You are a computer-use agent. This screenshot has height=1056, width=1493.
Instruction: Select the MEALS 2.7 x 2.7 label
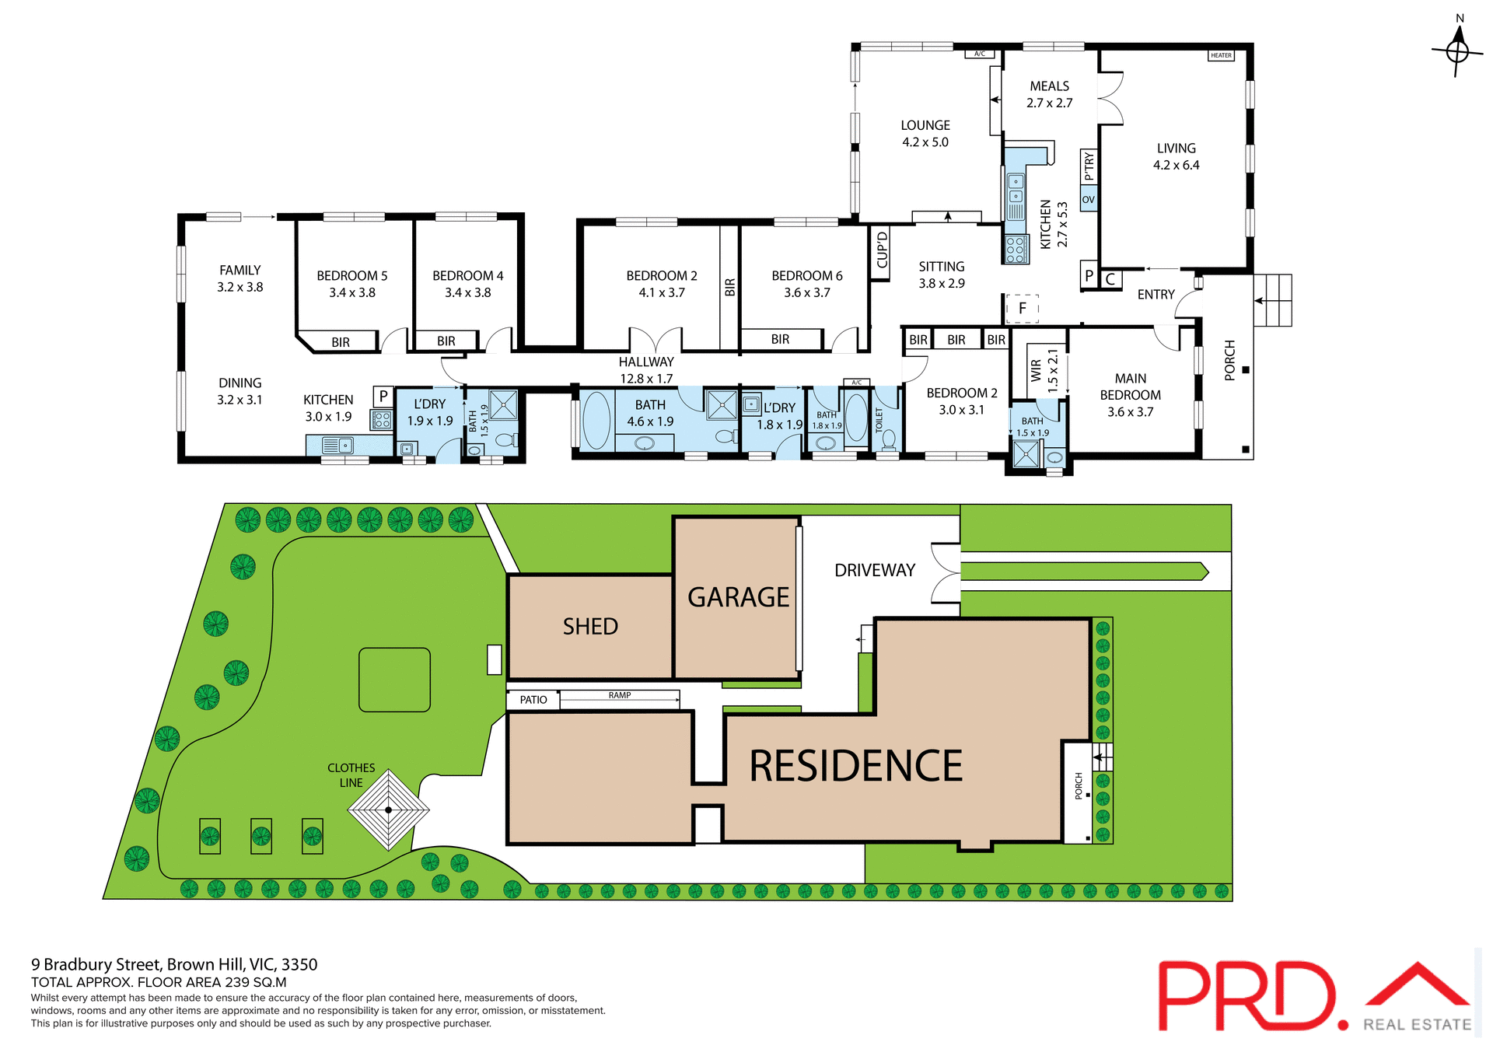[x=1049, y=94]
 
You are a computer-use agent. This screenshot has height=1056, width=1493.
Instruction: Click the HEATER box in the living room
[x=1221, y=55]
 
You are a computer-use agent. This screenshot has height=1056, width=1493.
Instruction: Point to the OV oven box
[x=1088, y=199]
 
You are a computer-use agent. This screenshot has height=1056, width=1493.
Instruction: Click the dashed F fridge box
[x=1022, y=308]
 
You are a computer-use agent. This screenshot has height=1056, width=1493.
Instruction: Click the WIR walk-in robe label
[x=1036, y=369]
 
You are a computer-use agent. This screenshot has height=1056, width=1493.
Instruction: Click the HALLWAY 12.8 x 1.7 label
[x=645, y=370]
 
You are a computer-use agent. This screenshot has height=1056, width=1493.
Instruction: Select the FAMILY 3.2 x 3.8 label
[x=240, y=278]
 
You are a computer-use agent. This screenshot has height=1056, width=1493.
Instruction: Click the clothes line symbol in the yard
[x=388, y=809]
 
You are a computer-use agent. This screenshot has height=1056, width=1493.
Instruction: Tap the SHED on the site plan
[x=590, y=626]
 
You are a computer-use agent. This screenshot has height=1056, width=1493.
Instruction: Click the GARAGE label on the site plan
[x=738, y=597]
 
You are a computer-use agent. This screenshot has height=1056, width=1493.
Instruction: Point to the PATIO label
[x=533, y=700]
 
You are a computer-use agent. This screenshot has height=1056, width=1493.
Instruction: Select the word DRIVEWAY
[x=874, y=570]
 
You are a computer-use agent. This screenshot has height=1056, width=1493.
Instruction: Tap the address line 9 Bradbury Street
[x=174, y=964]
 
